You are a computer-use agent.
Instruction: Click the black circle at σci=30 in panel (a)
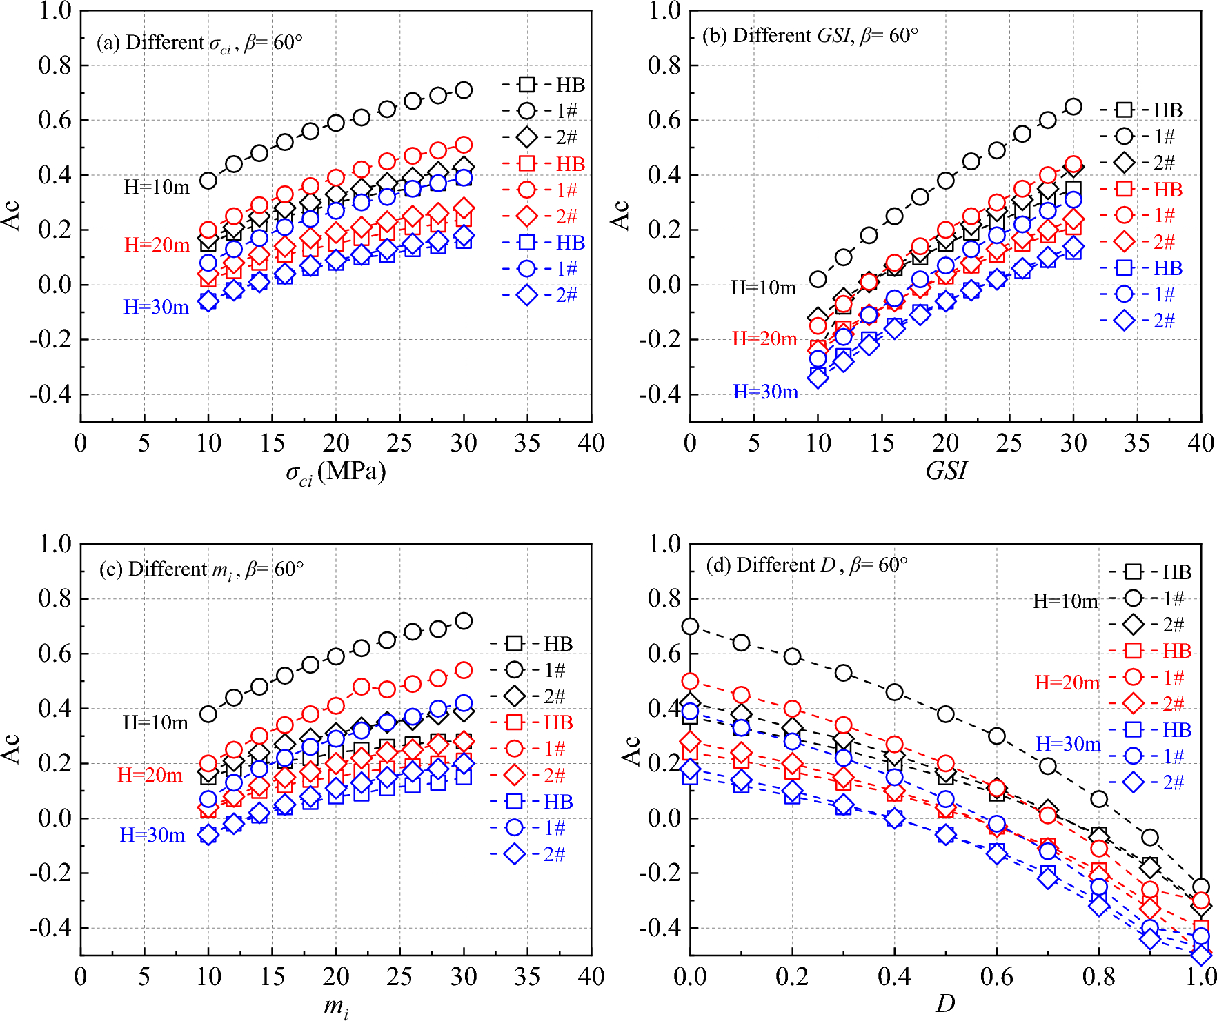pyautogui.click(x=464, y=90)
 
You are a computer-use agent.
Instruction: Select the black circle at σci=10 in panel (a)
pyautogui.click(x=208, y=181)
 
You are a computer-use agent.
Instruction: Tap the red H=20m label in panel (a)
pyautogui.click(x=157, y=245)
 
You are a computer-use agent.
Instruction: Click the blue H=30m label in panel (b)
pyautogui.click(x=765, y=392)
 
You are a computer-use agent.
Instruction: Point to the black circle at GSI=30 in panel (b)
pyautogui.click(x=1073, y=107)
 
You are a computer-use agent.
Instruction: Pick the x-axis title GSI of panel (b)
pyautogui.click(x=946, y=471)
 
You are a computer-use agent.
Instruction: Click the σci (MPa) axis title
pyautogui.click(x=335, y=472)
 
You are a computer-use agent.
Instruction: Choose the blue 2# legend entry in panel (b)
pyautogui.click(x=1142, y=321)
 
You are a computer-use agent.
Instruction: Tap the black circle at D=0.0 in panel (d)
pyautogui.click(x=690, y=627)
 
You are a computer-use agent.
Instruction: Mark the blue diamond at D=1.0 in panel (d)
pyautogui.click(x=1201, y=954)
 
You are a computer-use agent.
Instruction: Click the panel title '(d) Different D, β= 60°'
pyautogui.click(x=807, y=565)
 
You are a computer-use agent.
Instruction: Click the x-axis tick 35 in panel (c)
pyautogui.click(x=527, y=977)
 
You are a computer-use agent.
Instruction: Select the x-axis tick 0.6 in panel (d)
pyautogui.click(x=996, y=977)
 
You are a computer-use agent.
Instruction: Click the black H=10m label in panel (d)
pyautogui.click(x=1065, y=602)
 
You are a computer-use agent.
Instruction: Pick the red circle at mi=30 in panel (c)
pyautogui.click(x=464, y=670)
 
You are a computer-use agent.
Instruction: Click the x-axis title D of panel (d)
pyautogui.click(x=945, y=1004)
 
